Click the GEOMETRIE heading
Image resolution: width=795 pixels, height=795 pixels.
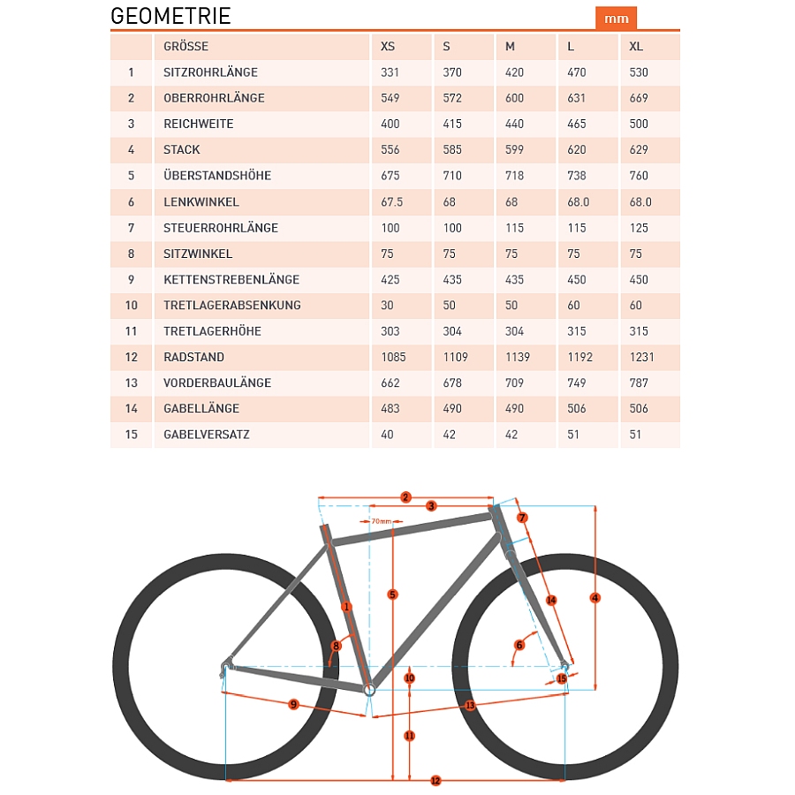(170, 16)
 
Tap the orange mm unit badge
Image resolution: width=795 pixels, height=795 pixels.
(617, 19)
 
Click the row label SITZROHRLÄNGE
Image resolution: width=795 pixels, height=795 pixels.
(210, 72)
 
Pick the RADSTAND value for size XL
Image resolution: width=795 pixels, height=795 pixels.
(641, 357)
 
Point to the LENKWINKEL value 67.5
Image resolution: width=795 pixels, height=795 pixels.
(391, 202)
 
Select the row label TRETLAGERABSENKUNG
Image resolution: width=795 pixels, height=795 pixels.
(232, 306)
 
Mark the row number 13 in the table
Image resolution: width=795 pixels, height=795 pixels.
(132, 383)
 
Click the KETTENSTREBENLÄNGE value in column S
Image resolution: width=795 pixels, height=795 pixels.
(451, 280)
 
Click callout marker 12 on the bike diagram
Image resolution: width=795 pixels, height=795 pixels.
(435, 781)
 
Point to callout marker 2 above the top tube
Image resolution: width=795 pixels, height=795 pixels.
(405, 497)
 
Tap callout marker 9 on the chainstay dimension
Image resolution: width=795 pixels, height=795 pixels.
(293, 704)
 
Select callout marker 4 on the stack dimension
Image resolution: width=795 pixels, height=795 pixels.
(595, 598)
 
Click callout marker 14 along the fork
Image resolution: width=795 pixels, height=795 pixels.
(551, 601)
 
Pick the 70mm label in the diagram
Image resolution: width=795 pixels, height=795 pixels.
(380, 522)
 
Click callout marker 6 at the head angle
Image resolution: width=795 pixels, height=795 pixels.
(519, 645)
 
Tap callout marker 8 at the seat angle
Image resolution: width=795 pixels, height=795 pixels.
(337, 647)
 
